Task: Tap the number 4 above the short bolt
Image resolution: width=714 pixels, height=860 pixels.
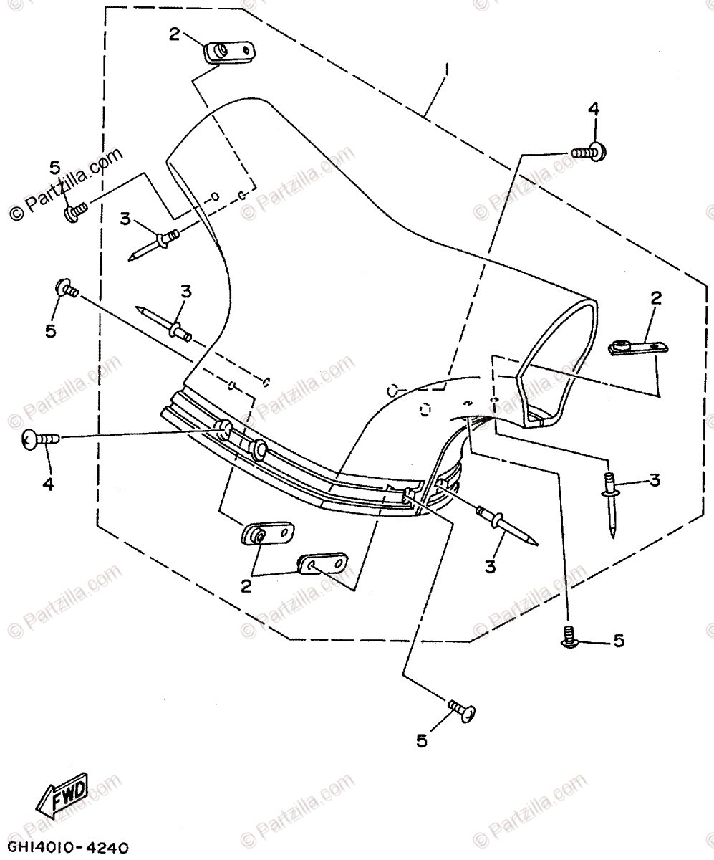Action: pos(593,109)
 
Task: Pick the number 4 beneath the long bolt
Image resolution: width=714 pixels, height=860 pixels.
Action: pos(47,484)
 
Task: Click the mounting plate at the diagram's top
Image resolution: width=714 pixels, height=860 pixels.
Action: pos(229,52)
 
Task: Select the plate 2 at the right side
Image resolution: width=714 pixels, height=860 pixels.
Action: pos(637,348)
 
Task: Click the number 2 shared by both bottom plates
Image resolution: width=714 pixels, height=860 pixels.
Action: pos(246,586)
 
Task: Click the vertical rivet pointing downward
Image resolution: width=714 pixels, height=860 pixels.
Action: pos(611,502)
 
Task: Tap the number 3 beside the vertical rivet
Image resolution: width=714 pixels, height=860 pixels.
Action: pos(654,481)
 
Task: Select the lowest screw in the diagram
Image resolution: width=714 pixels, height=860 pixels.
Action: pos(463,710)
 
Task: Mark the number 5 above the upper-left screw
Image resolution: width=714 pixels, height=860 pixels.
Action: pos(55,168)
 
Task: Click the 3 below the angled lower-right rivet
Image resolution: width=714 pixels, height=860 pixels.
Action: pos(490,567)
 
